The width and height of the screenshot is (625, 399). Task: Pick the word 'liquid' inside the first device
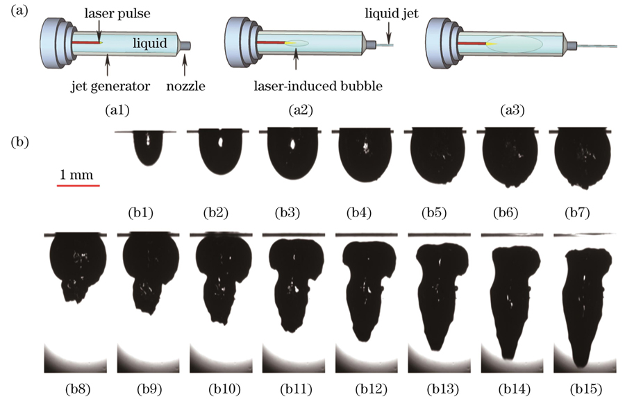point(150,43)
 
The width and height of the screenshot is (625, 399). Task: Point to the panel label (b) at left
point(21,143)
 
